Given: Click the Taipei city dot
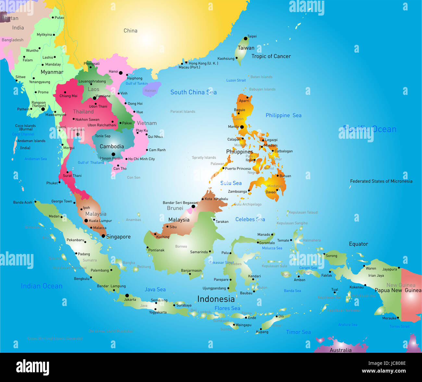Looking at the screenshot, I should [x=246, y=39].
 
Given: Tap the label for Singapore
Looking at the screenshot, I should [x=118, y=237].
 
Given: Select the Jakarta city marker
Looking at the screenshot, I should [x=127, y=296].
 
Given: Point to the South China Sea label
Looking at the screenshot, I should [x=193, y=92].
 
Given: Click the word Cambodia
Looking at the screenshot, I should [x=112, y=146].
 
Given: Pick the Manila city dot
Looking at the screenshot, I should [x=242, y=127].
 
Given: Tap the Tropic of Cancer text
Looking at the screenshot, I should [x=271, y=56].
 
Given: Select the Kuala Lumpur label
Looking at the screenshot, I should [x=100, y=221].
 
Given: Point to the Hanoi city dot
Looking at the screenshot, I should [x=121, y=73].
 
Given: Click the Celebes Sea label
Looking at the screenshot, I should [x=250, y=220].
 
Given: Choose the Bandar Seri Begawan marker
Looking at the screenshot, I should [x=193, y=206].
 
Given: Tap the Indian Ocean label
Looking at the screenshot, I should [x=42, y=286].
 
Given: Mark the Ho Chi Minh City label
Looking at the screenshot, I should [x=142, y=159].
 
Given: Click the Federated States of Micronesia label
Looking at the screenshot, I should [x=381, y=181].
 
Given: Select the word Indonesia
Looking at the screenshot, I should [x=216, y=299].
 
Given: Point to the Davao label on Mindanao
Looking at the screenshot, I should [x=270, y=192].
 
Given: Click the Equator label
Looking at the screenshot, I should [x=358, y=244].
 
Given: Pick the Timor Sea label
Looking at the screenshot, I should [x=298, y=332].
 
